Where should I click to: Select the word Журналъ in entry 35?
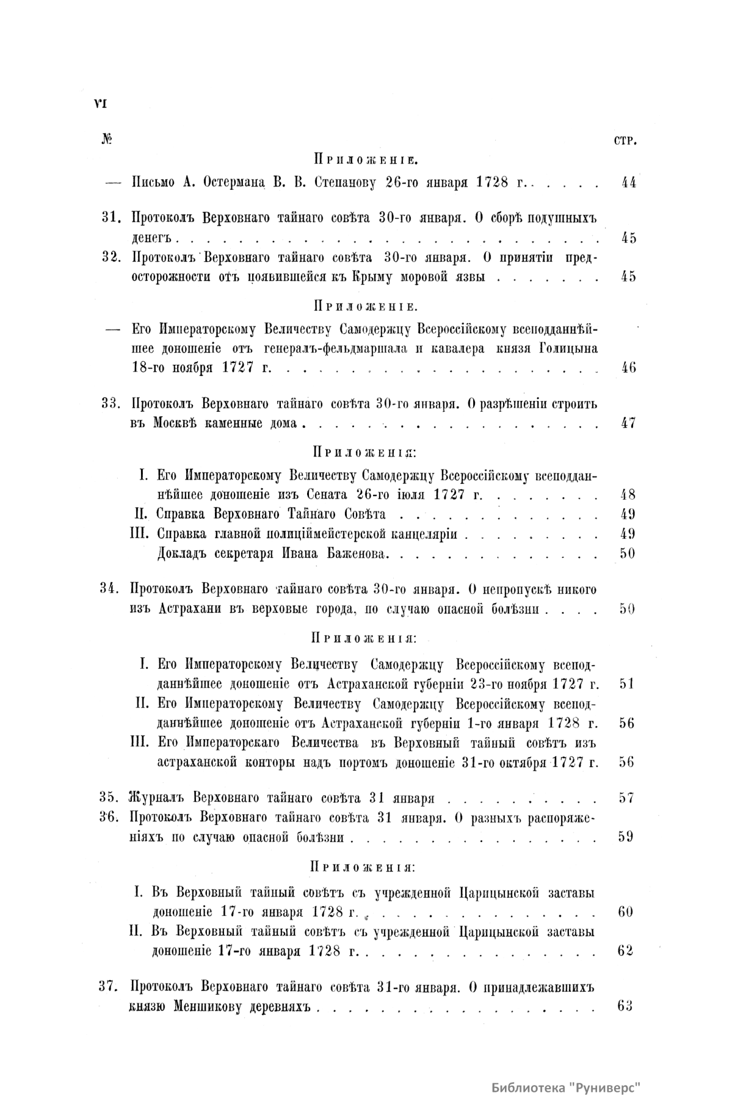[159, 798]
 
